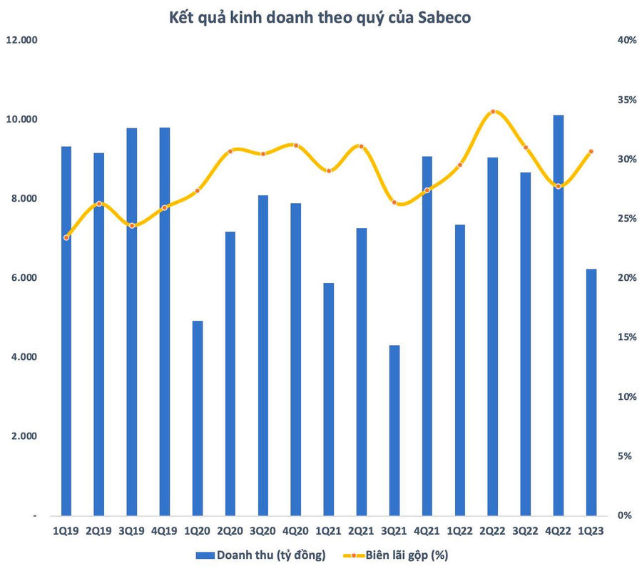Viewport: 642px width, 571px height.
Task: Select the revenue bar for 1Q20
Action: [x=198, y=418]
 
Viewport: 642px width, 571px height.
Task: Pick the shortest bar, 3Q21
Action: [x=394, y=430]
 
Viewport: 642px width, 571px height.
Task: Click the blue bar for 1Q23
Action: [x=591, y=392]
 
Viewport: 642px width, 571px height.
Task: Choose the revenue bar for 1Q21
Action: [x=329, y=399]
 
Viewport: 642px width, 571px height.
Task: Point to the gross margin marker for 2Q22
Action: [x=493, y=111]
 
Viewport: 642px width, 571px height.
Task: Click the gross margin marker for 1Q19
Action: [x=66, y=237]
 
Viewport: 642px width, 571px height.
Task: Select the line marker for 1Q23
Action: [x=591, y=151]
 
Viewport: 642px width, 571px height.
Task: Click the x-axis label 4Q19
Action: [x=165, y=530]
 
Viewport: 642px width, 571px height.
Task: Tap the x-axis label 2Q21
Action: [x=362, y=530]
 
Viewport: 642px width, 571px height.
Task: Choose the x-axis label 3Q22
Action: [x=526, y=530]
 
